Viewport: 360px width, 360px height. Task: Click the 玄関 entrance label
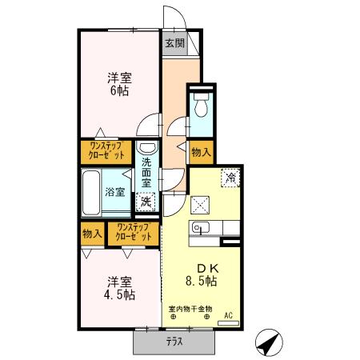(174, 43)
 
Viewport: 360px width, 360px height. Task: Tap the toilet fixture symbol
(201, 105)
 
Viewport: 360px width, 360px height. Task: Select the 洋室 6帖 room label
(119, 84)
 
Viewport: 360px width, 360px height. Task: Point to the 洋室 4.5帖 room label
(119, 288)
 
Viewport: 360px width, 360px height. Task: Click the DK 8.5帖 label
(201, 274)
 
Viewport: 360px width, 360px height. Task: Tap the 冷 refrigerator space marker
(230, 178)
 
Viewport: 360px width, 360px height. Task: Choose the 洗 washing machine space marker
(146, 202)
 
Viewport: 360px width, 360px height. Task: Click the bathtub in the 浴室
(91, 193)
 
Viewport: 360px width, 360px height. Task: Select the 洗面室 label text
(146, 173)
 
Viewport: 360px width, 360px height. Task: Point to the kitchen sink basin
(199, 228)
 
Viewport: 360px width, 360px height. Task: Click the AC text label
(229, 316)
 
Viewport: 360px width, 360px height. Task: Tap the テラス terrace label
(174, 342)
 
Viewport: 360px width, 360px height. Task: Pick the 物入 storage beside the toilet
(202, 152)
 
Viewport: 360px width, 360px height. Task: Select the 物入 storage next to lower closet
(92, 234)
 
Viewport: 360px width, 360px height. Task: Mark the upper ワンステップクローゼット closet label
(106, 150)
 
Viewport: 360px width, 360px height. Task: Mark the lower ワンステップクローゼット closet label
(134, 232)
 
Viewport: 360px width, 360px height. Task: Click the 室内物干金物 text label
(190, 309)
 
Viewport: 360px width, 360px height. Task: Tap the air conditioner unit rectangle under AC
(229, 323)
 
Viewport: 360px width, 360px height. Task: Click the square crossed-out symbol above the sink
(200, 205)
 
